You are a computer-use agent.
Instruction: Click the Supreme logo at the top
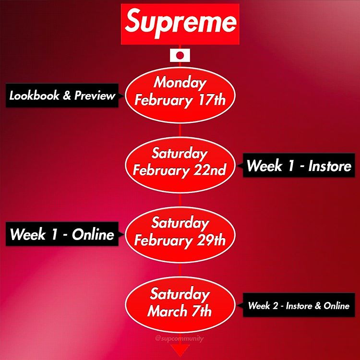(180, 24)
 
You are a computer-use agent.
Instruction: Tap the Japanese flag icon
(180, 55)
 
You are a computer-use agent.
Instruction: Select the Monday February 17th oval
(180, 95)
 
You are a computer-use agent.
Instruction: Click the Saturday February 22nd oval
(180, 165)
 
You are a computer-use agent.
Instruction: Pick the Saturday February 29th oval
(180, 235)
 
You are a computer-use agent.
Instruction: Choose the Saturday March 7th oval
(180, 305)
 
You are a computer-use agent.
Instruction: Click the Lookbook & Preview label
(62, 96)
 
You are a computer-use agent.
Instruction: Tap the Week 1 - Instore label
(299, 165)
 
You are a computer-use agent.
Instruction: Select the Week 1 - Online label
(62, 234)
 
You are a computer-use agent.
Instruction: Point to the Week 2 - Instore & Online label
(299, 305)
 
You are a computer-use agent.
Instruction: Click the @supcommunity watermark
(180, 339)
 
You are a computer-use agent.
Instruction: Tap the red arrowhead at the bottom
(180, 350)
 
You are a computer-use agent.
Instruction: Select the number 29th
(211, 240)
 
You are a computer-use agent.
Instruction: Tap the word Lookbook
(34, 96)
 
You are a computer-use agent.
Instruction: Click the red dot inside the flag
(180, 55)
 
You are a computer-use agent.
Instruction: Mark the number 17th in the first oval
(212, 100)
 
